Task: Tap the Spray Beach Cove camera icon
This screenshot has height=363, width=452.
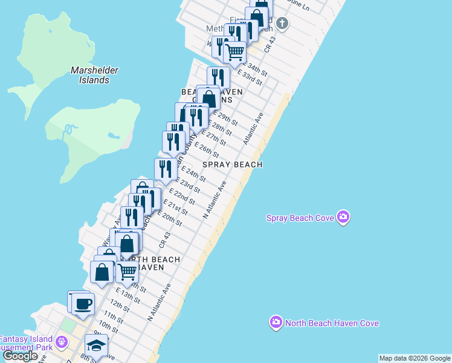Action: pos(343,217)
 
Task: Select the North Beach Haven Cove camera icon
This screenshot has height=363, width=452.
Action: pos(276,323)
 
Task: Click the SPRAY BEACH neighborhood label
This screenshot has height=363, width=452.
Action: pos(232,165)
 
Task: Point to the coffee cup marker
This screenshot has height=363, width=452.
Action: pos(83,303)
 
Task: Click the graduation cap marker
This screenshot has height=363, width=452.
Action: pos(96,345)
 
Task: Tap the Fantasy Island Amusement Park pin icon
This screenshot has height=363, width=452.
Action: pos(61,343)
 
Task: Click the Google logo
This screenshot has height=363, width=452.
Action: pos(21,356)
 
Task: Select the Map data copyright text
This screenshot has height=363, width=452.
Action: pos(415,358)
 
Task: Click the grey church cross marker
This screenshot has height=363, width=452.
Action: pos(282,24)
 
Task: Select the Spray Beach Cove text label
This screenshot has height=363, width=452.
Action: pos(300,218)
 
